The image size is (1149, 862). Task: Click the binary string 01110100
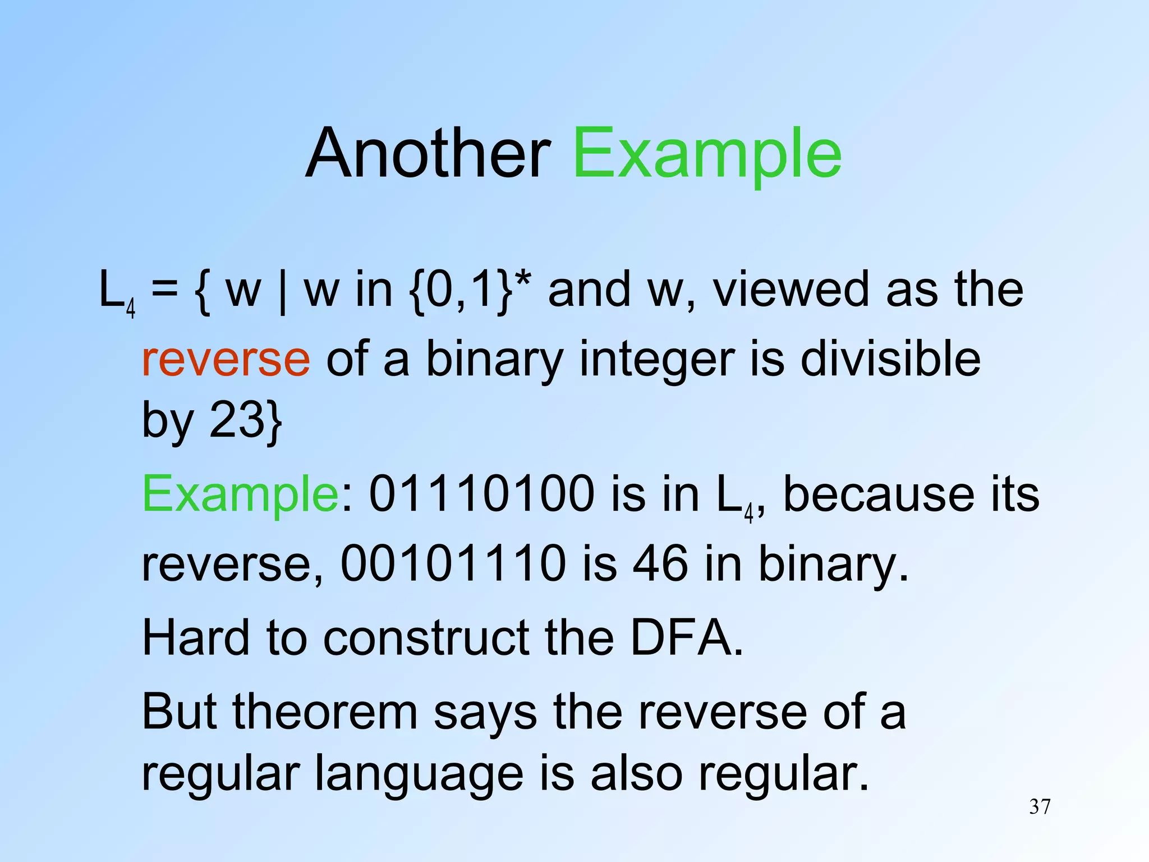tap(481, 494)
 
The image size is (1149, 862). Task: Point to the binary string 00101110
tap(453, 563)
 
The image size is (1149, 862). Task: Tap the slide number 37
tap(1040, 806)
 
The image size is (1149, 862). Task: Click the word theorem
tap(325, 712)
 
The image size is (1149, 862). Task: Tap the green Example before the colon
tap(240, 494)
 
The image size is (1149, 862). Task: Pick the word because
tap(879, 494)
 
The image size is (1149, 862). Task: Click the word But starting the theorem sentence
tap(180, 712)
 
